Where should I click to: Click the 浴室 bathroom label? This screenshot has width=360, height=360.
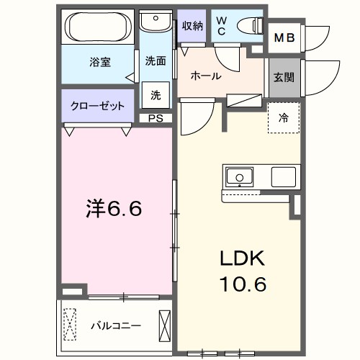(x=99, y=62)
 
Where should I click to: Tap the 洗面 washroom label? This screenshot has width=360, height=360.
(x=156, y=60)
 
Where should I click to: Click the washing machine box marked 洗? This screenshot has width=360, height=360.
(x=156, y=94)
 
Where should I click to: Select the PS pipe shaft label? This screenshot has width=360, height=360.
(x=156, y=119)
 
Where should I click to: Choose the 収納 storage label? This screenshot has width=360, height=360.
(x=192, y=26)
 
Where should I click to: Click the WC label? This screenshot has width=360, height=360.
(x=220, y=26)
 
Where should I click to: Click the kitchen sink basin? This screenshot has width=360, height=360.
(x=238, y=176)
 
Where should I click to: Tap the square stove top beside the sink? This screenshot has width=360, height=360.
(x=284, y=177)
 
